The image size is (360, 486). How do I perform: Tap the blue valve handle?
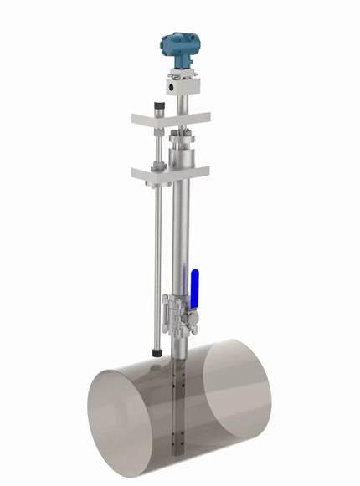(193, 288)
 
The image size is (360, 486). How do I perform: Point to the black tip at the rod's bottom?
(157, 355)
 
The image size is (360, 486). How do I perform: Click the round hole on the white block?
(171, 85)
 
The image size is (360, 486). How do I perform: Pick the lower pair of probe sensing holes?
(176, 435)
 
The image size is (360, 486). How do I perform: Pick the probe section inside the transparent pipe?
(177, 410)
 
